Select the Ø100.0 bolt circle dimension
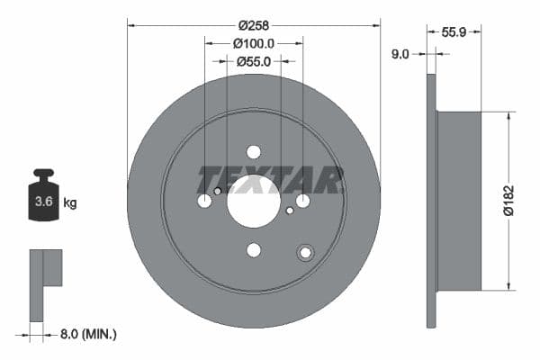tap(253, 42)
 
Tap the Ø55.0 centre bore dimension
tap(253, 62)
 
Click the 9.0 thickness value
tap(400, 54)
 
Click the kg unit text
tap(70, 202)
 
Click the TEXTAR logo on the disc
tap(271, 179)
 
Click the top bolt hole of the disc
tap(254, 152)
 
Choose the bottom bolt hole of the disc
tap(254, 250)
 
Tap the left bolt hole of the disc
tap(204, 201)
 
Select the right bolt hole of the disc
tap(303, 201)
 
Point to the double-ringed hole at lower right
tap(306, 253)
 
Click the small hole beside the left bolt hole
tap(218, 191)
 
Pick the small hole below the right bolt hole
tap(290, 211)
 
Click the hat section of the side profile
tap(459, 201)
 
